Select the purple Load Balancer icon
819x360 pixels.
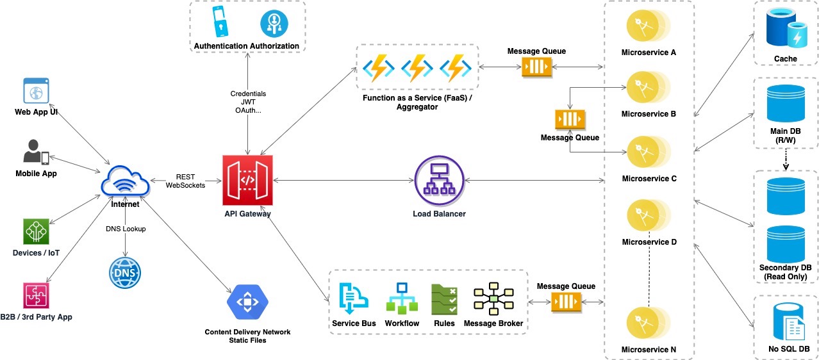pyautogui.click(x=439, y=180)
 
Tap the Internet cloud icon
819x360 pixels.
pyautogui.click(x=125, y=182)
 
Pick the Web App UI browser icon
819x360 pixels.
pyautogui.click(x=36, y=90)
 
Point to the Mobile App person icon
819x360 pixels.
pyautogui.click(x=36, y=152)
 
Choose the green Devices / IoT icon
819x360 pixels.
pyautogui.click(x=36, y=231)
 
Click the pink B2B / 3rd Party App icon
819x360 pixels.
pyautogui.click(x=36, y=296)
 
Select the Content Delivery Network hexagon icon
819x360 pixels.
pyautogui.click(x=247, y=301)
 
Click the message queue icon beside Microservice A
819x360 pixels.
pyautogui.click(x=536, y=67)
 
